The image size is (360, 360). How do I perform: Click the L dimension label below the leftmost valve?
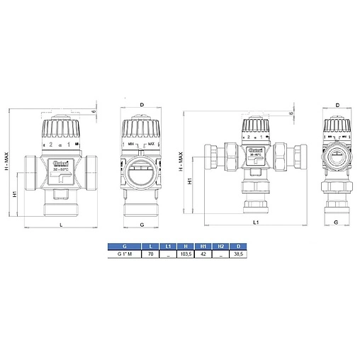(x=62, y=225)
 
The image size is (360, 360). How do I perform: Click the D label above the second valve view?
(x=142, y=106)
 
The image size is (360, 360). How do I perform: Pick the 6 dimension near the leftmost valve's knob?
(x=96, y=111)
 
